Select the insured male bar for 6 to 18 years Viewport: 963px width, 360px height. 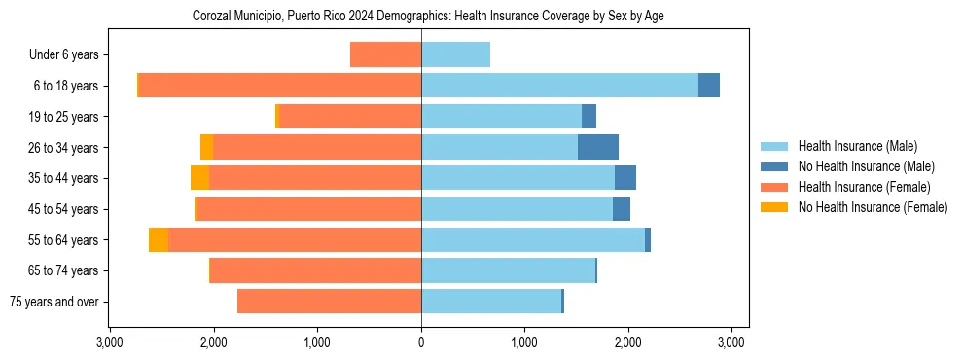[x=559, y=86]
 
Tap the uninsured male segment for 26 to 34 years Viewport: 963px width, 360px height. [x=598, y=147]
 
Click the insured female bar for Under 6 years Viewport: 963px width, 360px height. [x=385, y=54]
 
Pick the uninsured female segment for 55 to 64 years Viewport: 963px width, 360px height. [x=159, y=239]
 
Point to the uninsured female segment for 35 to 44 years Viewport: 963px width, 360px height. [x=199, y=178]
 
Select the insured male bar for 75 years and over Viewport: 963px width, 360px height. [x=491, y=302]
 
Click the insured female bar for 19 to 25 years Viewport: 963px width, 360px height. [x=350, y=117]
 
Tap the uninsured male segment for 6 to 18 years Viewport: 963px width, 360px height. [x=709, y=86]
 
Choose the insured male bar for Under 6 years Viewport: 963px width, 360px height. [x=455, y=54]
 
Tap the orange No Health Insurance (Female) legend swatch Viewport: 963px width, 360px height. [x=775, y=207]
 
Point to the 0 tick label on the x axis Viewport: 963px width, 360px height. [x=421, y=342]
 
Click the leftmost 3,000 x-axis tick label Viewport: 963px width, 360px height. [x=110, y=342]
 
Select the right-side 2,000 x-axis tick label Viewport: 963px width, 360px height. [x=628, y=342]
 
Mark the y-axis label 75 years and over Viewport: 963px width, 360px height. [x=54, y=302]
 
